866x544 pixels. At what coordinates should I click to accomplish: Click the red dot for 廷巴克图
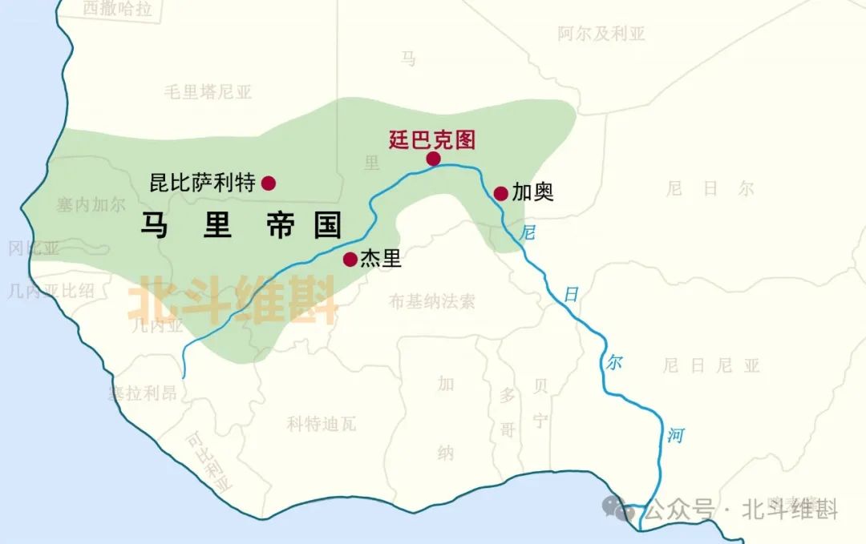tap(433, 159)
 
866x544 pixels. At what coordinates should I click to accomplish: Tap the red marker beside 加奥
tap(500, 193)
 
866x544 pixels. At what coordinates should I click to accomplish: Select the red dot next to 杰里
tap(350, 259)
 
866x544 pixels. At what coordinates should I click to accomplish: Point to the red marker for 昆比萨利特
tap(269, 183)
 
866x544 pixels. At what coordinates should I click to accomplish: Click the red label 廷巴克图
tap(431, 139)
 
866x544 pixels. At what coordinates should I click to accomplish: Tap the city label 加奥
tap(533, 193)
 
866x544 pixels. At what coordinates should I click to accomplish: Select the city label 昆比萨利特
tap(203, 183)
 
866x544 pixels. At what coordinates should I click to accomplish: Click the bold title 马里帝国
tap(241, 225)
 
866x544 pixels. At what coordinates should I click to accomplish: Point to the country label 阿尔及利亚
tap(601, 34)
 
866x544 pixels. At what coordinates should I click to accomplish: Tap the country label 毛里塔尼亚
tap(208, 91)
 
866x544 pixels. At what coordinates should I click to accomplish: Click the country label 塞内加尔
tap(91, 204)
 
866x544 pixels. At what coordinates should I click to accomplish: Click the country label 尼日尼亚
tap(711, 366)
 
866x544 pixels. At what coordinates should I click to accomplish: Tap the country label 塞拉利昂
tap(142, 393)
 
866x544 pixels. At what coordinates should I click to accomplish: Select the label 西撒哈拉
tap(116, 9)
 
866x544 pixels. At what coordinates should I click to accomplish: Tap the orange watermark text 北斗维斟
tap(233, 300)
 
